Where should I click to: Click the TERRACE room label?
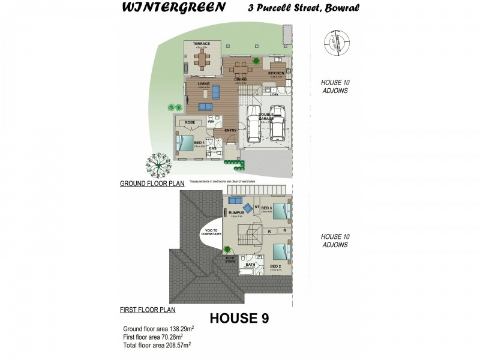click(x=200, y=44)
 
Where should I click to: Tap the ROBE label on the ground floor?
click(x=190, y=122)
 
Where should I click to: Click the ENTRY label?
click(x=230, y=130)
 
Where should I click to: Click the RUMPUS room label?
click(x=235, y=212)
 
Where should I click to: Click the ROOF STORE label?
click(x=230, y=259)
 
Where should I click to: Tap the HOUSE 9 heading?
click(x=238, y=319)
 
